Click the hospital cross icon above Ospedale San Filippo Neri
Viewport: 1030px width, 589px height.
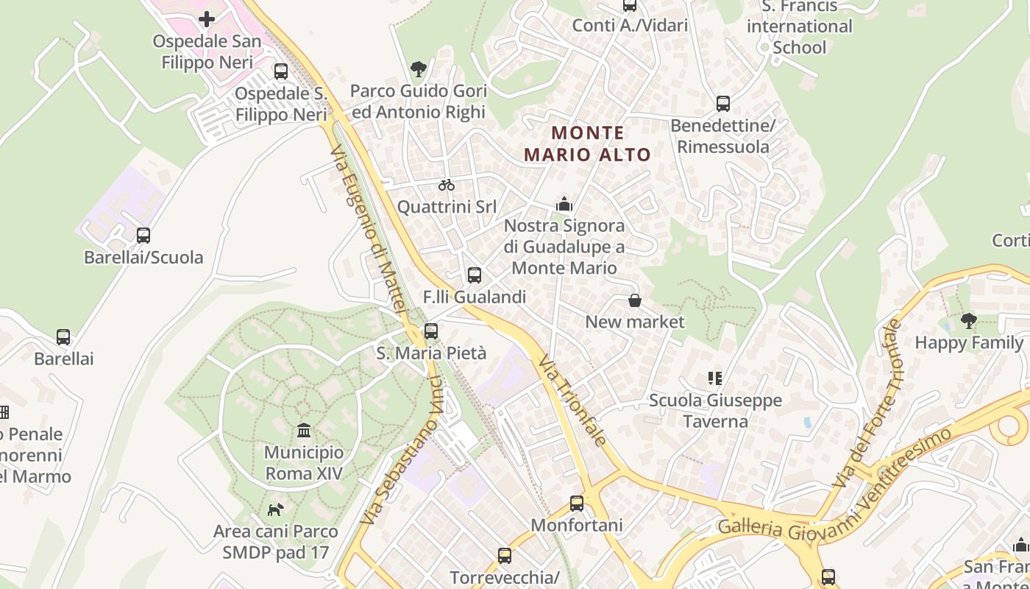(x=207, y=19)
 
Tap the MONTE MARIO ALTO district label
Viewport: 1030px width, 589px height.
(x=588, y=144)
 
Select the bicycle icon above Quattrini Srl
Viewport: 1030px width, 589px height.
(x=446, y=185)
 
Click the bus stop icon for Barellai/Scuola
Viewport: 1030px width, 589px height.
(x=143, y=236)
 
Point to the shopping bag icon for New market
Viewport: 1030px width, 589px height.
(x=634, y=300)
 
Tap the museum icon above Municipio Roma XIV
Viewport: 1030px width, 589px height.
(x=304, y=430)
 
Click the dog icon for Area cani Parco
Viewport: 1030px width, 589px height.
(x=275, y=509)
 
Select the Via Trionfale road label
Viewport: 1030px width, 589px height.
(x=572, y=401)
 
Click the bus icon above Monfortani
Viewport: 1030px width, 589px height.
(x=577, y=504)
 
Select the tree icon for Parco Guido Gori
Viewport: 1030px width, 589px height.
(x=419, y=69)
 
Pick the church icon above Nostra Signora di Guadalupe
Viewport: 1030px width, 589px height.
(x=564, y=203)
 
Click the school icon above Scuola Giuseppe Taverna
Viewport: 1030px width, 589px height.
(x=714, y=378)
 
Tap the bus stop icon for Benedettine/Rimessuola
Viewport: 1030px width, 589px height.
(x=723, y=104)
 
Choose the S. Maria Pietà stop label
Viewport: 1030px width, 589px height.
(x=431, y=353)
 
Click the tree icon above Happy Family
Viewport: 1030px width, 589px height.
(x=969, y=321)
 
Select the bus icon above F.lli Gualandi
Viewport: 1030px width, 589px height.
(x=475, y=275)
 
